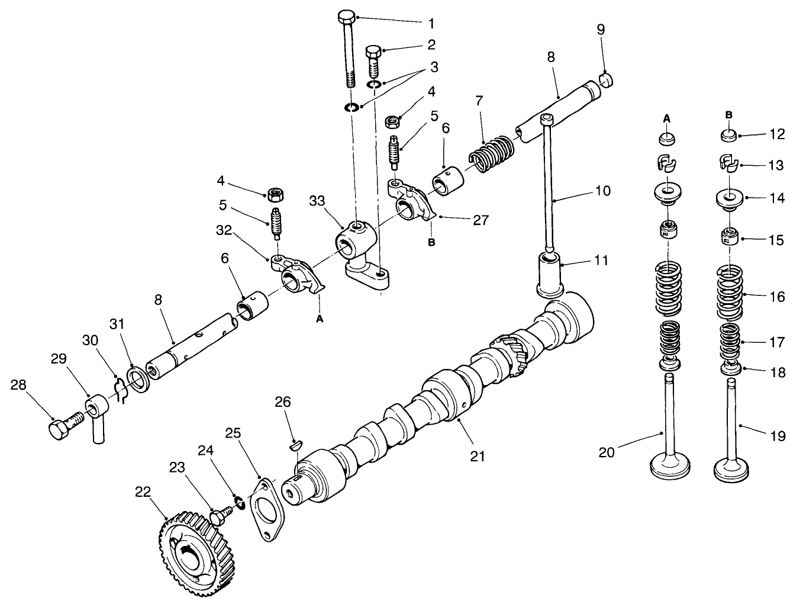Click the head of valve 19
[x=733, y=471]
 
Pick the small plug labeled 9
[x=607, y=79]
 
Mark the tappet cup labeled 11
[x=549, y=274]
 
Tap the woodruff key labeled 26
[x=296, y=445]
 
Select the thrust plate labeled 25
[x=264, y=510]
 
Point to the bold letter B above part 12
[x=729, y=114]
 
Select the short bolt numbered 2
[x=374, y=60]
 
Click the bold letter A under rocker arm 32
[x=320, y=318]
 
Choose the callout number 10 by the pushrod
[x=602, y=191]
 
